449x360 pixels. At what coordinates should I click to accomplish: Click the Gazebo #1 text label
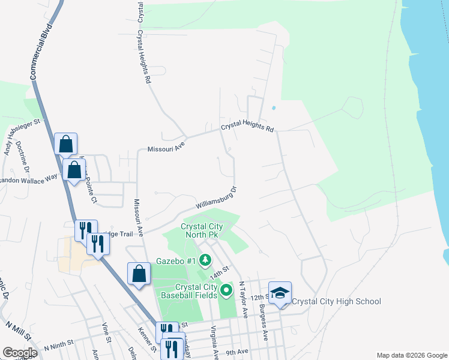coord(176,261)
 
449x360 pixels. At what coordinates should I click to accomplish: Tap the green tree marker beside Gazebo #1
coord(206,260)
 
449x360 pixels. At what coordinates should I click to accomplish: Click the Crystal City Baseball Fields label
coord(187,292)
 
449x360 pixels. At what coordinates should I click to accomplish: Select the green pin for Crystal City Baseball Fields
coord(226,291)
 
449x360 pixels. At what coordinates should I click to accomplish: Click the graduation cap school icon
coord(280,293)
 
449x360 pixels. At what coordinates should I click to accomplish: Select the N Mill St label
coord(19,332)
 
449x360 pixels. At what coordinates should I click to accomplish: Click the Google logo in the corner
coord(20,353)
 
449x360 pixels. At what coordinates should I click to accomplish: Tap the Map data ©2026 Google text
coord(411,355)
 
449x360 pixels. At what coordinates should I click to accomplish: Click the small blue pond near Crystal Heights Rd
coord(274,109)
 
